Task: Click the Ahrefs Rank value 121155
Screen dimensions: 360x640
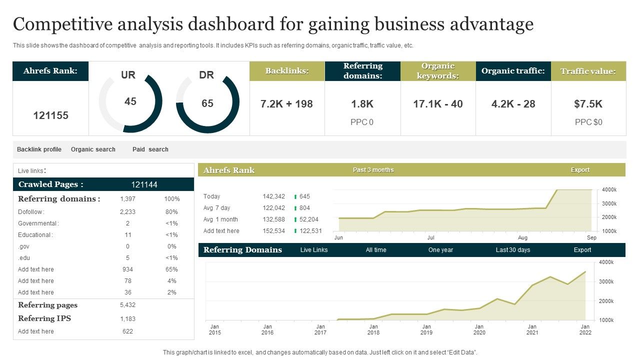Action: [50, 115]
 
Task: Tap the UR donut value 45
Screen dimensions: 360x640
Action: [130, 101]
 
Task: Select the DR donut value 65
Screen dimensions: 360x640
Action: [207, 103]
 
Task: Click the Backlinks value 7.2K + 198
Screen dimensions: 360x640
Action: [286, 104]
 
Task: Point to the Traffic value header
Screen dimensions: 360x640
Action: [588, 71]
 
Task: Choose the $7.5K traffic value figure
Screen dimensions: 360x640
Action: [588, 104]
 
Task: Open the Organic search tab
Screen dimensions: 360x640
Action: [93, 149]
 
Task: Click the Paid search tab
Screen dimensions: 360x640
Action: [150, 149]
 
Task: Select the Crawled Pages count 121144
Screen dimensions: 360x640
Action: [144, 184]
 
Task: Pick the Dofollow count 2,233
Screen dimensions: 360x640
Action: [127, 212]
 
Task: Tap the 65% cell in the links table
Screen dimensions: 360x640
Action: [171, 269]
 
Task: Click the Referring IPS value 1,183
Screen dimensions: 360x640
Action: [127, 319]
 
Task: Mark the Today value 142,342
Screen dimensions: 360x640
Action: [273, 196]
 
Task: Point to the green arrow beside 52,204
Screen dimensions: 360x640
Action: [295, 219]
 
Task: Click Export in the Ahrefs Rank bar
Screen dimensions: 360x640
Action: [580, 170]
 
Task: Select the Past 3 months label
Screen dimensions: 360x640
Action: [373, 170]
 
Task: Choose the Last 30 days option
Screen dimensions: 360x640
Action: [512, 250]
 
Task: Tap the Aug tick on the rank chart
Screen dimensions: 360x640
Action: [522, 238]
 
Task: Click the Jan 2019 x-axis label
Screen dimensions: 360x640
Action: [426, 329]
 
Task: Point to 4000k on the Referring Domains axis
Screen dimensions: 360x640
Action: [607, 262]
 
